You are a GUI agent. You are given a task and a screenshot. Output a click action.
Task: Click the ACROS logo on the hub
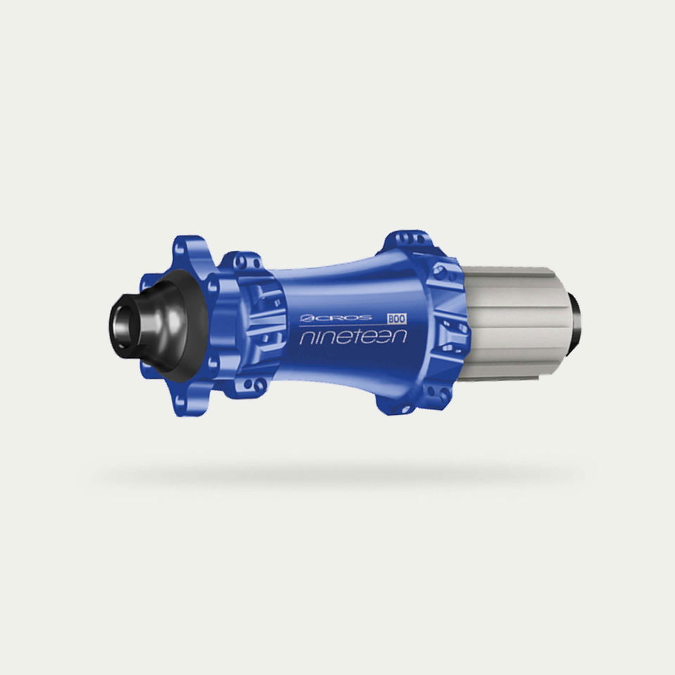click(336, 318)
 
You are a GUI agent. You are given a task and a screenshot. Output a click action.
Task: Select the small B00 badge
click(397, 319)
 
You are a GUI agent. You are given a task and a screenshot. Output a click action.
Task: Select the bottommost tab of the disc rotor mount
click(189, 401)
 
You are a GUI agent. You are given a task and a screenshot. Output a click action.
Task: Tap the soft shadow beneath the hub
click(336, 475)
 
